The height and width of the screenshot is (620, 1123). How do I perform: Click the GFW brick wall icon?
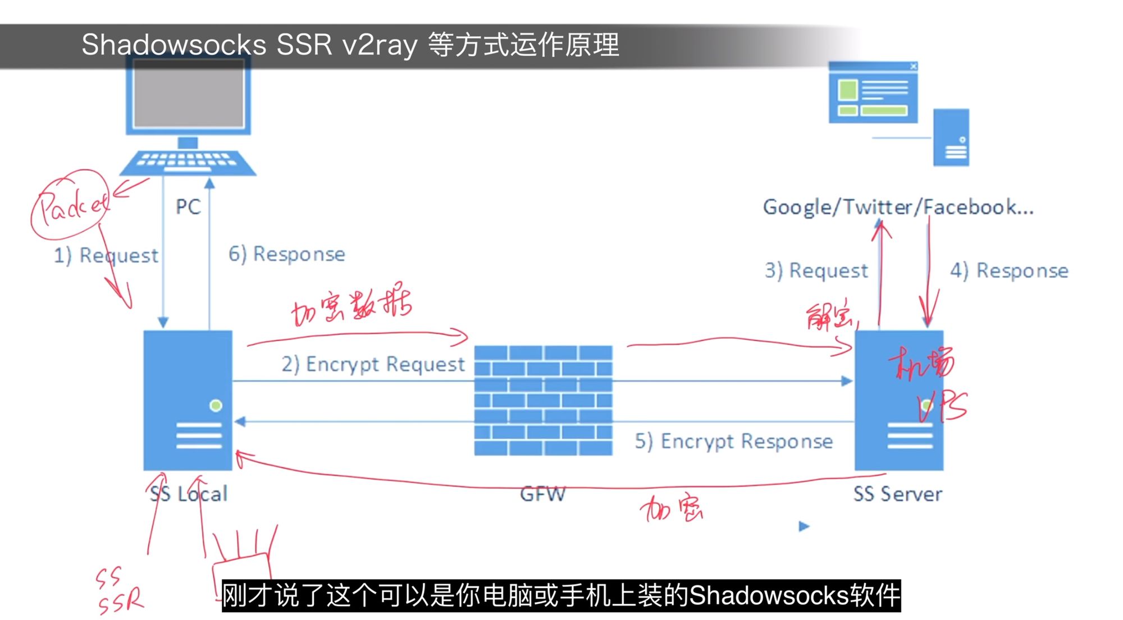[543, 400]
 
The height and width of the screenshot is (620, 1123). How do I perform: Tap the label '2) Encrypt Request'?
[373, 365]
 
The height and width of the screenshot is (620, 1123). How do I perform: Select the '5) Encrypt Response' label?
[733, 442]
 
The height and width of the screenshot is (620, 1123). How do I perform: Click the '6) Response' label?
[286, 254]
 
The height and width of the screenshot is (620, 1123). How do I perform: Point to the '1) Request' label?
[106, 256]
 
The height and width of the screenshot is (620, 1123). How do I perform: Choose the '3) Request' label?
[816, 271]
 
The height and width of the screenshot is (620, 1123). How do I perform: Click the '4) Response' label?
[1009, 271]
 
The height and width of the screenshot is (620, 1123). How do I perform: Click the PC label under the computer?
[188, 207]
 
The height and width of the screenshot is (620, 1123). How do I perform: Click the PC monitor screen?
[188, 93]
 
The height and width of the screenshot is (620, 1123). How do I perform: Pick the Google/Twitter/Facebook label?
[897, 208]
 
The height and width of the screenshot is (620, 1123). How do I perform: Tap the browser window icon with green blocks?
[873, 93]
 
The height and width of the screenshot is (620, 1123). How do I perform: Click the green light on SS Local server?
[216, 405]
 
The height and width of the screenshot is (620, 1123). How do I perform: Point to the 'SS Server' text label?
[897, 494]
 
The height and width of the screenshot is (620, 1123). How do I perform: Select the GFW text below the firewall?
[542, 494]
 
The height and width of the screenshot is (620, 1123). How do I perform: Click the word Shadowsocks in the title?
[174, 45]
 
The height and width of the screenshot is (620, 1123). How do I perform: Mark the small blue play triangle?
[804, 526]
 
